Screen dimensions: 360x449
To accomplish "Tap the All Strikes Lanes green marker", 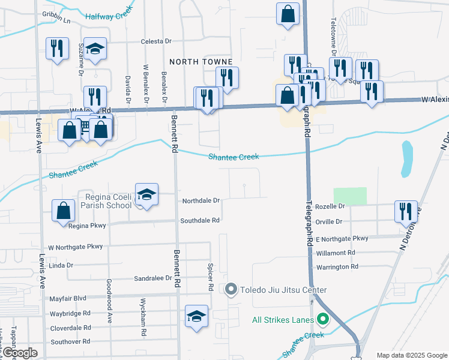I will [x=324, y=319].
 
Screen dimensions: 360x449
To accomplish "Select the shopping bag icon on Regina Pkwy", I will [x=63, y=211].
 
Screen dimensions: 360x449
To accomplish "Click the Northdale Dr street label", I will [x=201, y=201].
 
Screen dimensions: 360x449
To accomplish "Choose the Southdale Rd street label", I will [x=200, y=220].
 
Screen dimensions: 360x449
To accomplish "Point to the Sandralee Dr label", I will [x=153, y=278].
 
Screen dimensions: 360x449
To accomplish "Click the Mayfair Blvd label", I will [x=68, y=298].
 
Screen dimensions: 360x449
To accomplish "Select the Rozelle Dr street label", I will [x=334, y=206].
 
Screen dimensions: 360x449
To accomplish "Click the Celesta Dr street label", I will [x=156, y=41].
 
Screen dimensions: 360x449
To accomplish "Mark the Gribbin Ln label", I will [x=56, y=20].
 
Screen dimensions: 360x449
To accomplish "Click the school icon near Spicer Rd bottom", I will [x=196, y=316].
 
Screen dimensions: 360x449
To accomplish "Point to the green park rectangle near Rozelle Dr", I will [x=350, y=196].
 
